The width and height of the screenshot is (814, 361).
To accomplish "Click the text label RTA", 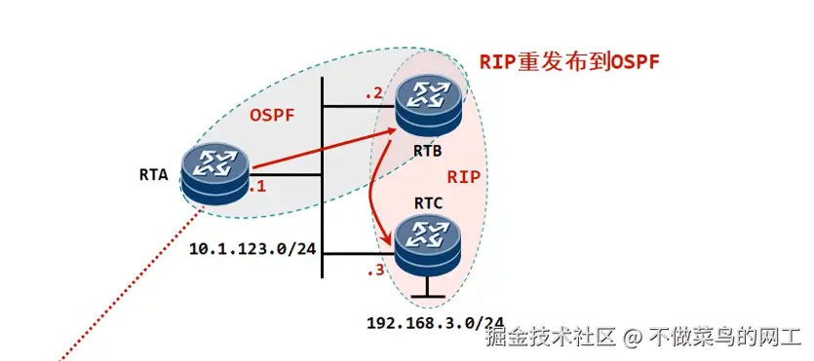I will point(154,176).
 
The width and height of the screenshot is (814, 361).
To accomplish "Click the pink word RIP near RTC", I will point(464,177).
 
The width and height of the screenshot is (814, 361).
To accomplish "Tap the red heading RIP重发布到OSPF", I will point(568,61).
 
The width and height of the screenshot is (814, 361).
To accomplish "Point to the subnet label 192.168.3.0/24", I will point(435,322).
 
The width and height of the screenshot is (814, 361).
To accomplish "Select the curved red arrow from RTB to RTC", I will point(375,195).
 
